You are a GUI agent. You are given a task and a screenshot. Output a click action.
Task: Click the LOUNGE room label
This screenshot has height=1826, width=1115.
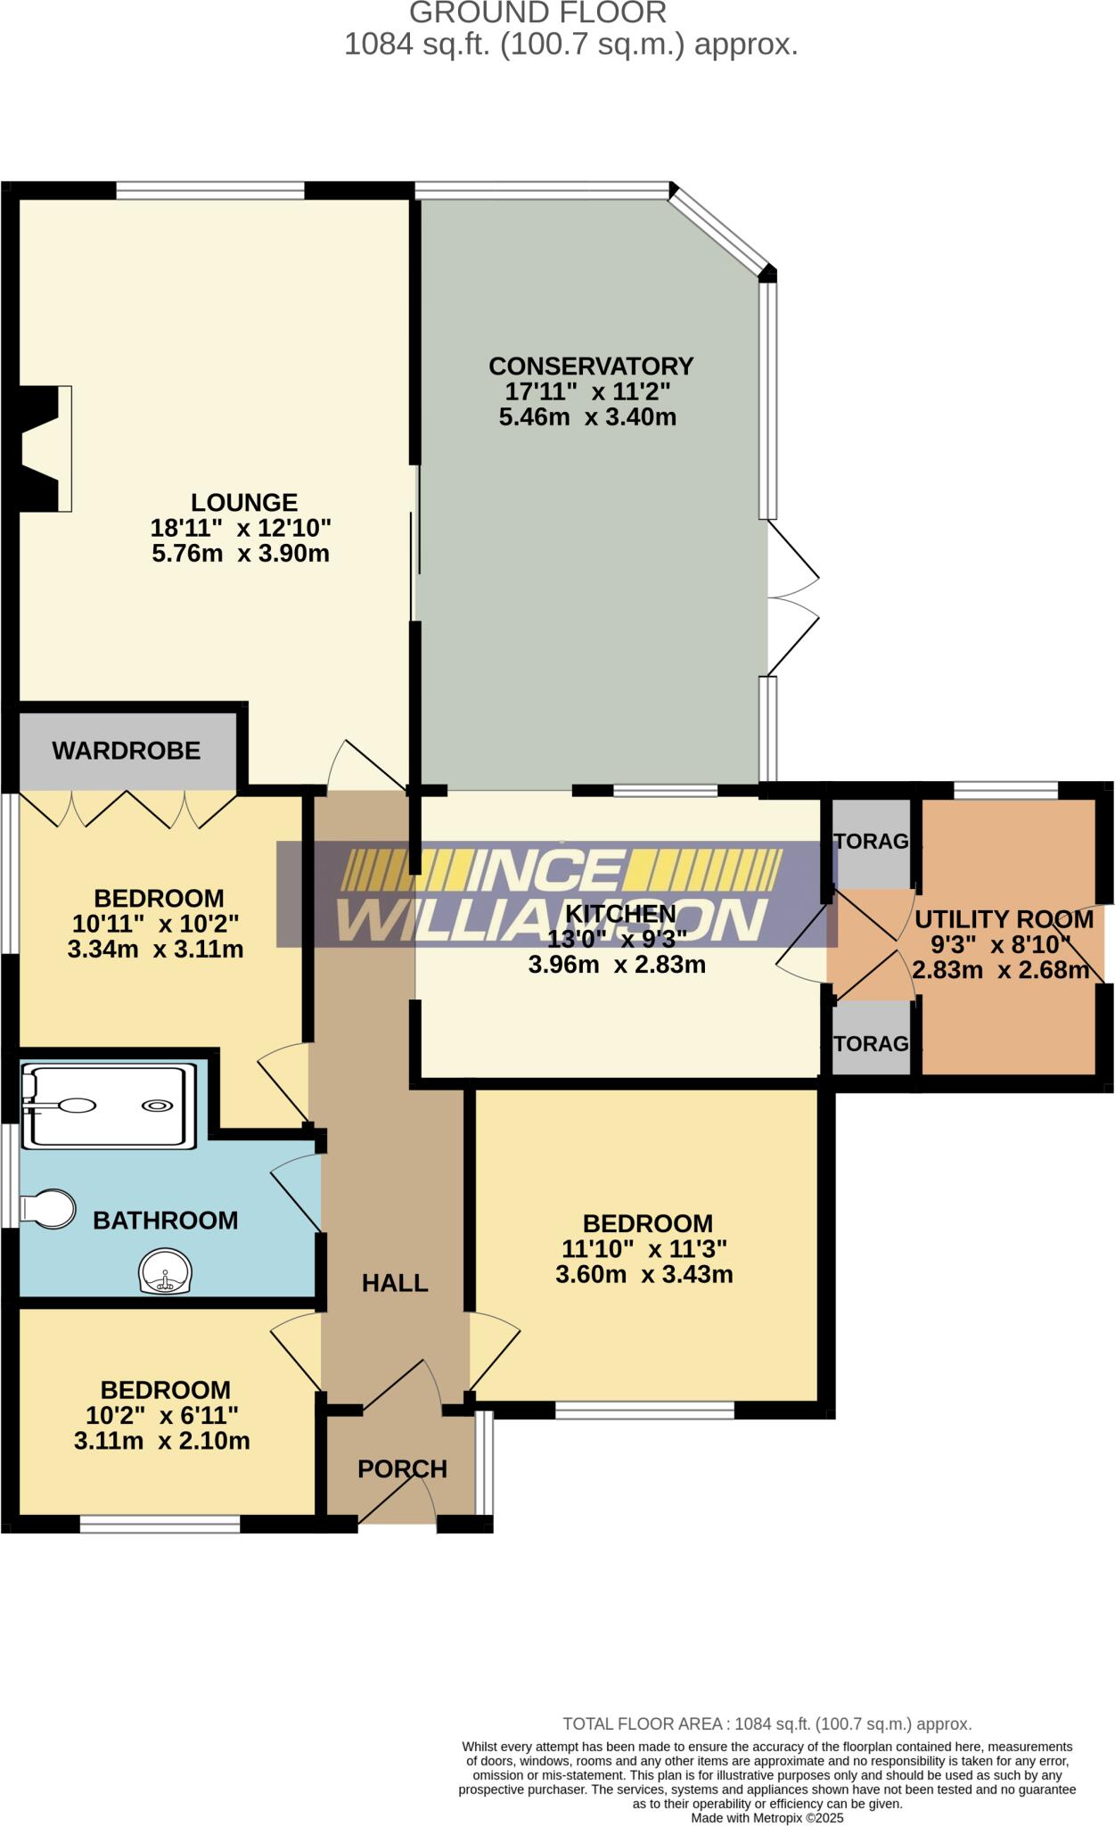click(244, 502)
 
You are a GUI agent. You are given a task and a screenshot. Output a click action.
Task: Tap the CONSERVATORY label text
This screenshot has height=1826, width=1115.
click(591, 366)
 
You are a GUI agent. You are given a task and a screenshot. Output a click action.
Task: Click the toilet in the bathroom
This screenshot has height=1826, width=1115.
click(49, 1209)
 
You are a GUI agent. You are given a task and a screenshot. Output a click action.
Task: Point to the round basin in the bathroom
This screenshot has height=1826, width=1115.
click(165, 1271)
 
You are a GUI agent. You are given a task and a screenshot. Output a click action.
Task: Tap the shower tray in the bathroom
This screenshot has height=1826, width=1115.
click(109, 1105)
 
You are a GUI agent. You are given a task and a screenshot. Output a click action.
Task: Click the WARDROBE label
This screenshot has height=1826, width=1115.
click(127, 751)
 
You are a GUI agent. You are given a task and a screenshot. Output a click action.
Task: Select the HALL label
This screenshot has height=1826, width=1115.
click(395, 1283)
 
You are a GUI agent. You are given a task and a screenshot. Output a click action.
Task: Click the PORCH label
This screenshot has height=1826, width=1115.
click(402, 1468)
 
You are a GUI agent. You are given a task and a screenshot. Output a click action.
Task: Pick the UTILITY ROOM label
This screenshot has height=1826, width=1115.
click(1004, 919)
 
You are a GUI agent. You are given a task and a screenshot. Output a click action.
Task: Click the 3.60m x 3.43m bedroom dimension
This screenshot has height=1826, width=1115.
click(644, 1275)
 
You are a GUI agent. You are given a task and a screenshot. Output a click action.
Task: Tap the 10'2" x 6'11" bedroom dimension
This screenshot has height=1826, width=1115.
click(162, 1415)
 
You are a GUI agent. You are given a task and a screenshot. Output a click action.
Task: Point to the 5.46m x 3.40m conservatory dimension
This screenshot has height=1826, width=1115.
click(587, 416)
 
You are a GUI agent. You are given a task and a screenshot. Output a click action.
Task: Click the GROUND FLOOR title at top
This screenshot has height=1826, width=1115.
click(537, 12)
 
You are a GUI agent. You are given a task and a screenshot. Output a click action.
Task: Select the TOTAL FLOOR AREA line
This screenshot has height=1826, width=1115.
click(767, 1724)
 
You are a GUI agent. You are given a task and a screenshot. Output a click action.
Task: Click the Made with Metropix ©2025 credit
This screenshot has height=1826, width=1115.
click(767, 1818)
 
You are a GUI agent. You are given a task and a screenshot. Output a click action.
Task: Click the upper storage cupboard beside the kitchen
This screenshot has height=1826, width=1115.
click(872, 842)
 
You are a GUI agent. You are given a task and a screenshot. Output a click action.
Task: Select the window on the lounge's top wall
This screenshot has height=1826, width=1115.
click(210, 190)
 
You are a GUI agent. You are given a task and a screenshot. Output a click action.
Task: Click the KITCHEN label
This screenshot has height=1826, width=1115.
click(621, 914)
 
